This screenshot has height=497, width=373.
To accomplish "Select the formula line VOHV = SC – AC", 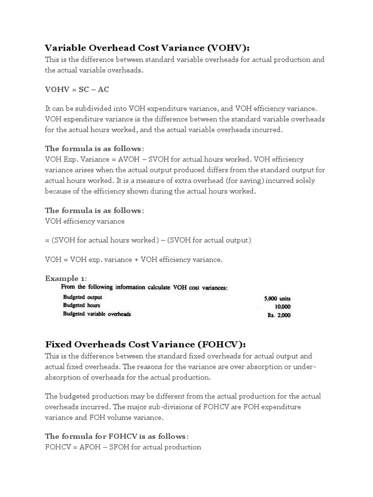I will pos(77,90).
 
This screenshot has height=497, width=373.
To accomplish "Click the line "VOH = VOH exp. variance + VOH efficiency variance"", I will pos(134,260).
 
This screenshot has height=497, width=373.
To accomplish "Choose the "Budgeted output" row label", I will pos(83,297).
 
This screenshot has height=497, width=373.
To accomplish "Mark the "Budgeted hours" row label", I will pos(82,305).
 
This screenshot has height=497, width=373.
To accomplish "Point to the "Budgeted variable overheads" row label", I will pos(97,314).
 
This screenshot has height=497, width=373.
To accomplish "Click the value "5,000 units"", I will pos(277,298).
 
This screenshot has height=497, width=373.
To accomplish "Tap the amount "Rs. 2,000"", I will pos(278,315).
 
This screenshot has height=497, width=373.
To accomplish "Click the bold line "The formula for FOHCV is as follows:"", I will pos(117,436).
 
